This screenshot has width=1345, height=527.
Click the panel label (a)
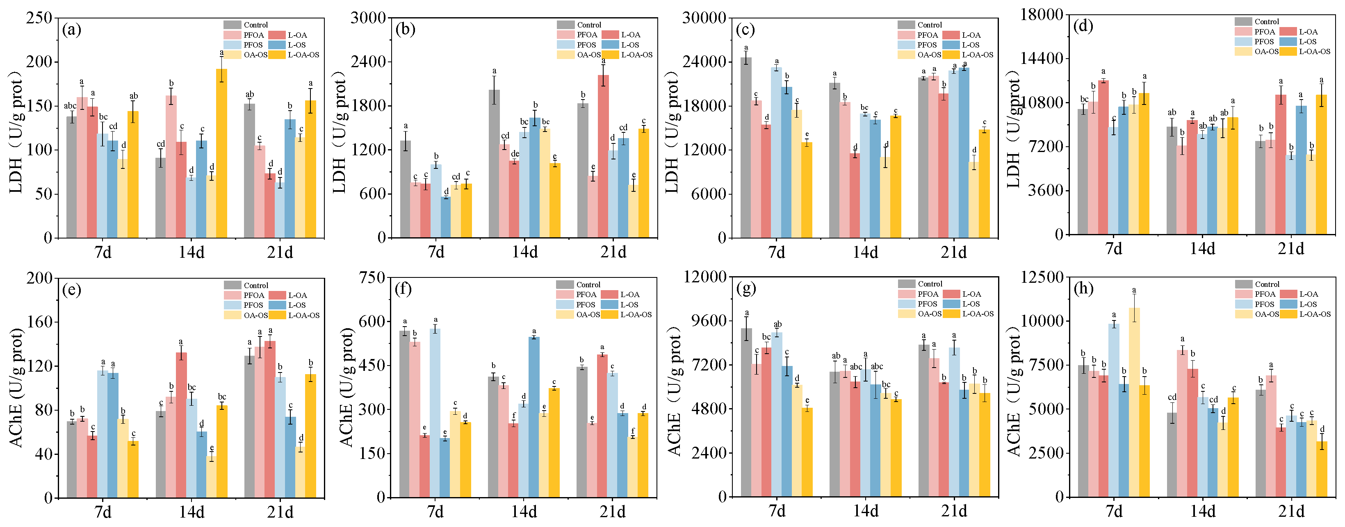(71, 30)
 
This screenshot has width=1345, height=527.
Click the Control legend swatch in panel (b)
(565, 25)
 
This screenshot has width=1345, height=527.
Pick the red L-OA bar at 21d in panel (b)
(603, 157)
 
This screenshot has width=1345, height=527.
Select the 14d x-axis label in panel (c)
(865, 252)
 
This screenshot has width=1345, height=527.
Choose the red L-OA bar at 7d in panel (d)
(1103, 157)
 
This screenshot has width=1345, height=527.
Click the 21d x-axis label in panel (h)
(1291, 511)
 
